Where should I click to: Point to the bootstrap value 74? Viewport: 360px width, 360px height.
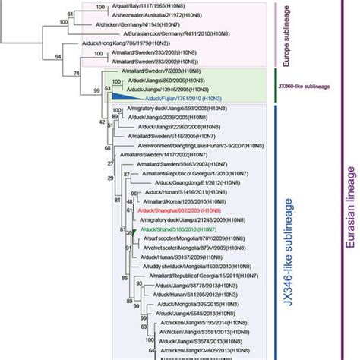(x=76, y=73)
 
